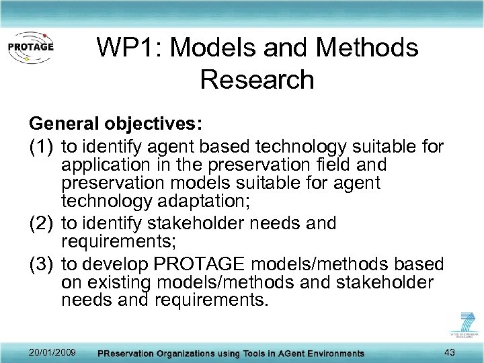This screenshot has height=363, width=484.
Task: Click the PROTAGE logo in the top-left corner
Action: click(x=30, y=48)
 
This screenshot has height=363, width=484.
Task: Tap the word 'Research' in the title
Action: click(x=257, y=79)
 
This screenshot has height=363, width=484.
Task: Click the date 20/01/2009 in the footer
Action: click(x=52, y=353)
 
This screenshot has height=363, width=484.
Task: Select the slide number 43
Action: click(x=451, y=352)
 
